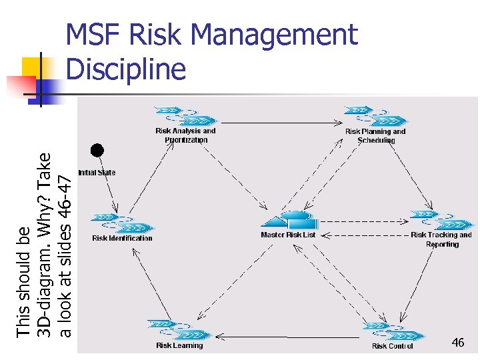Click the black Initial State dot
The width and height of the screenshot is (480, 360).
(x=97, y=150)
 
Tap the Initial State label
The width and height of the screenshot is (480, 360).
(x=97, y=173)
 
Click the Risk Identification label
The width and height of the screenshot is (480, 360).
(x=122, y=238)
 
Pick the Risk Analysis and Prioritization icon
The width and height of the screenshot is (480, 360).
(x=185, y=115)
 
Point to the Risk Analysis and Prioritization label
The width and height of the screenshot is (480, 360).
(x=185, y=135)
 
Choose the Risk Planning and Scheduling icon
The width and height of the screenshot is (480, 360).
(x=375, y=115)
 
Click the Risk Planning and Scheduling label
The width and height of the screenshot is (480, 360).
(x=375, y=136)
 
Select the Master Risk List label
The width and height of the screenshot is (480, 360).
(x=288, y=235)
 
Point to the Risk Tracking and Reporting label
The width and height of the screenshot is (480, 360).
(x=441, y=239)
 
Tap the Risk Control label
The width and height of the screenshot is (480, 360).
(x=393, y=346)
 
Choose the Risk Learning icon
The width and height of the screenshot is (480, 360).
(x=179, y=329)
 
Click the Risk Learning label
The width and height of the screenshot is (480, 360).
(x=179, y=345)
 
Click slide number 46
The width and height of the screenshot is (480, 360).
(x=457, y=343)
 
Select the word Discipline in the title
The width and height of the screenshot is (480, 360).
(x=127, y=69)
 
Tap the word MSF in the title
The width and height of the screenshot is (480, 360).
(x=97, y=35)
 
